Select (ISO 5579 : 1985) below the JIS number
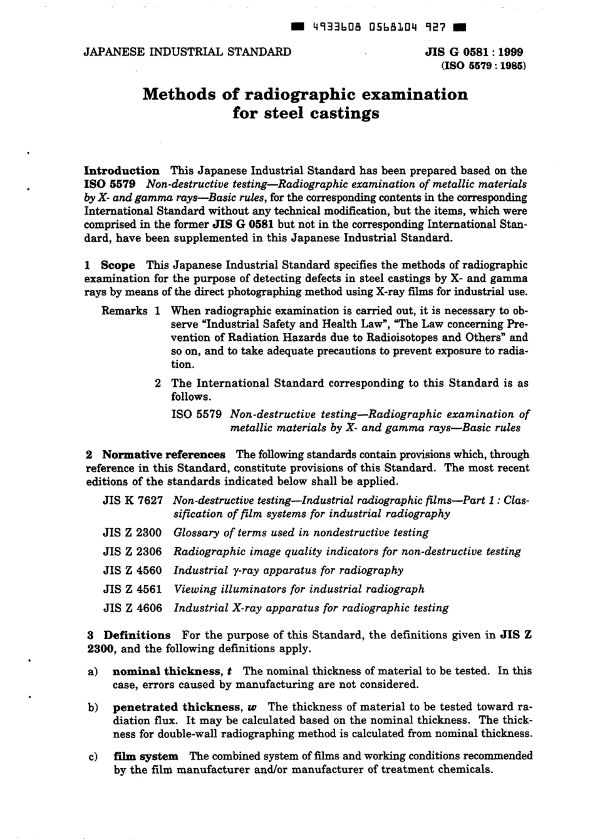click(483, 65)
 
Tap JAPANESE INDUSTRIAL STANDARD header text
click(187, 52)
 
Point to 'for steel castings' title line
click(306, 113)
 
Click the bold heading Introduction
click(122, 170)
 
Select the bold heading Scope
click(118, 265)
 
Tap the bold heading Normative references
click(163, 454)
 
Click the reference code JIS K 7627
click(132, 500)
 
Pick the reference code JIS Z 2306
click(132, 551)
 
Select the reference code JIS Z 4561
click(132, 589)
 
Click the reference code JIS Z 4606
click(132, 608)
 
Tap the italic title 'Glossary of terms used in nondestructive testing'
click(301, 533)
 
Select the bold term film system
click(146, 756)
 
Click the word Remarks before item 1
click(124, 310)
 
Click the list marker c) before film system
click(93, 757)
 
